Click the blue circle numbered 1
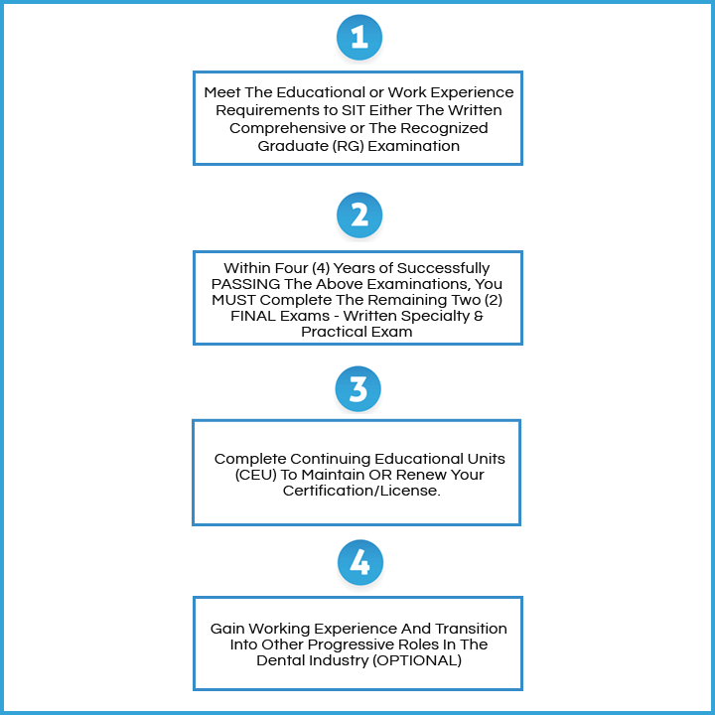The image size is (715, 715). coord(358,38)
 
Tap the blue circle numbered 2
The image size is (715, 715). coord(358,215)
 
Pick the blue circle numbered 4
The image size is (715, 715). coord(358,564)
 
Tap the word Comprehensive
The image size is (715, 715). coord(282,128)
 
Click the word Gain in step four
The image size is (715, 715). coord(227,629)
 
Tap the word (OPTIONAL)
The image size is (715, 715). coord(412,660)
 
